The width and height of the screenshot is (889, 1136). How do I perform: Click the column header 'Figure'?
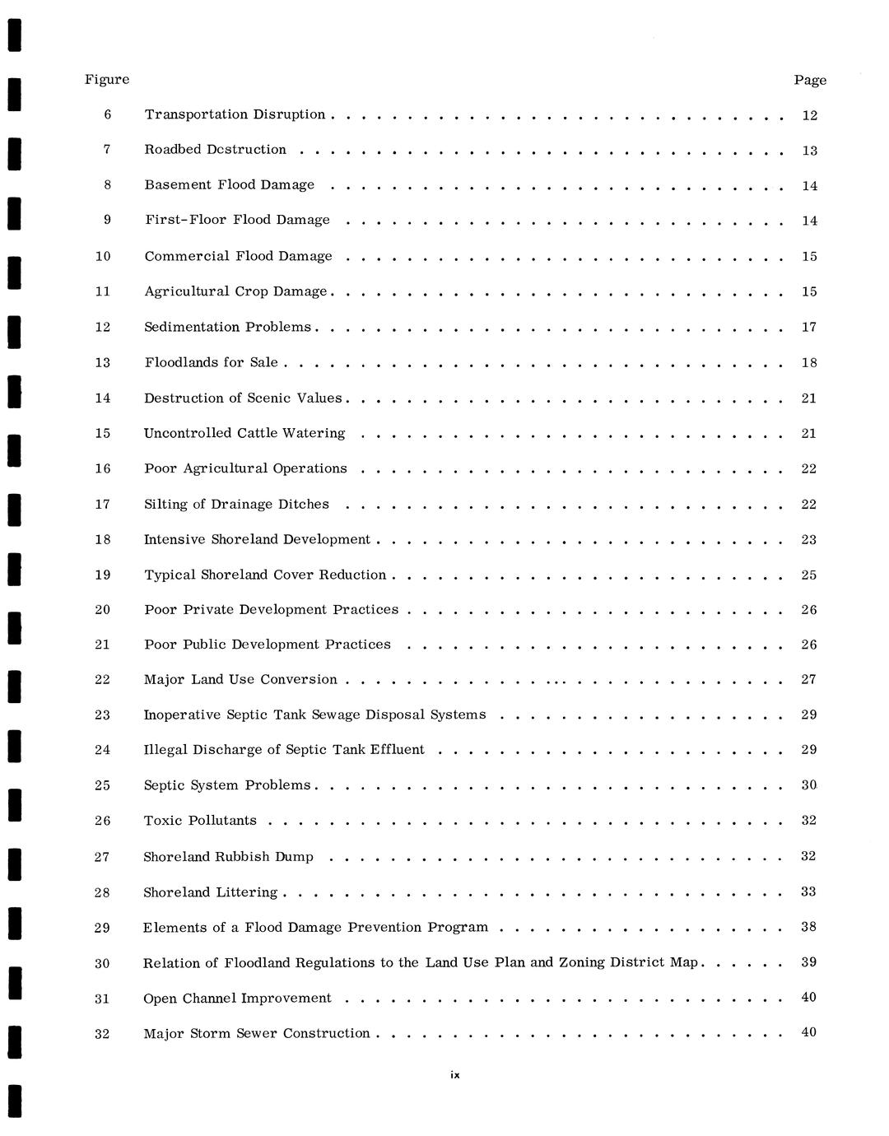pos(107,80)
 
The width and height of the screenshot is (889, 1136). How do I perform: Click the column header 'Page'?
pos(810,80)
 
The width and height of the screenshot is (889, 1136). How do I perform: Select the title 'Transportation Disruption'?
pos(235,114)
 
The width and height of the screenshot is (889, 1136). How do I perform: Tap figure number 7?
pos(107,150)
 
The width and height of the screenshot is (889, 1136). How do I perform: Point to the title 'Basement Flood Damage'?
pos(229,185)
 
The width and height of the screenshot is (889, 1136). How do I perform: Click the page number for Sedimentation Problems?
pos(809,328)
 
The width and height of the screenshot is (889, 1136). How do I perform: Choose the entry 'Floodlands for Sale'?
pos(211,363)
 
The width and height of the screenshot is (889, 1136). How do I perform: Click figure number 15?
pos(103,434)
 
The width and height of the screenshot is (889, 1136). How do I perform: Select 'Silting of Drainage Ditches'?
pos(236,505)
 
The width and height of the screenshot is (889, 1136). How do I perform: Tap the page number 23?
pos(809,540)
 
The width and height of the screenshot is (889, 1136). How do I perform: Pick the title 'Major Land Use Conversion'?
pos(240,680)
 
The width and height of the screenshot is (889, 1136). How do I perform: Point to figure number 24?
pos(102,750)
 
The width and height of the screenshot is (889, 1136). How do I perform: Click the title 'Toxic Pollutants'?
pos(200,821)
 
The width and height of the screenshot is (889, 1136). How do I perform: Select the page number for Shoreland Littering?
pos(809,892)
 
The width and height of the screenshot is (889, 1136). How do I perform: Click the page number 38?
pos(809,928)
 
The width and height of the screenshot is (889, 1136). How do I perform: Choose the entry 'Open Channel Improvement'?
pos(237,999)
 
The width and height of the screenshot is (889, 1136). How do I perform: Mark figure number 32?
pos(102,1034)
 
